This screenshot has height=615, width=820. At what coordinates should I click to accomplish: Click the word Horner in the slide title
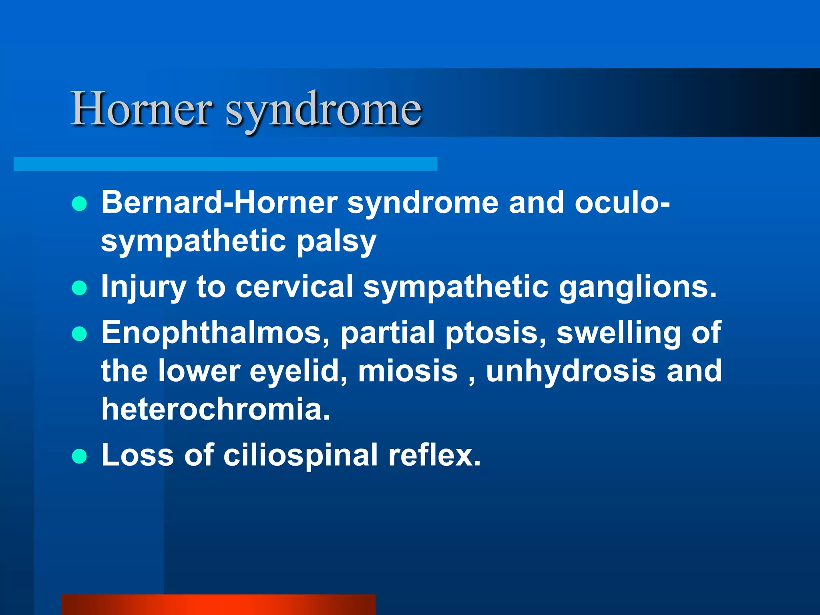coord(141,109)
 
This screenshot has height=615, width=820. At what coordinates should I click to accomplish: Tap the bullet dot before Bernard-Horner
coord(80,204)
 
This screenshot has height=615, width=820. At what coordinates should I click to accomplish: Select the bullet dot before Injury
coord(80,288)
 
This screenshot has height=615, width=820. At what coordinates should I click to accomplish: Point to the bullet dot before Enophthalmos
coord(80,334)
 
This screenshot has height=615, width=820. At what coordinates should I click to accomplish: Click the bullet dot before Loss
coord(80,456)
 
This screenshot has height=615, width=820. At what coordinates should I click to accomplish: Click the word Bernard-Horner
coord(219,202)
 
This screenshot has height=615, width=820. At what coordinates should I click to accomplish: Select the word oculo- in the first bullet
coord(622,202)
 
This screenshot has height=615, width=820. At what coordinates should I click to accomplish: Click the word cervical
coord(294,287)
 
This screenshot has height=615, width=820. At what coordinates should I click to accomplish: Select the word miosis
coord(408,371)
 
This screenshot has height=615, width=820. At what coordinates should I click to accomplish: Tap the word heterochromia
coord(215,409)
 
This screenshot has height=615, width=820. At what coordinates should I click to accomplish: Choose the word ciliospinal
coord(300,456)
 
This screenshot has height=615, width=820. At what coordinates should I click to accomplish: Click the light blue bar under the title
coord(225,164)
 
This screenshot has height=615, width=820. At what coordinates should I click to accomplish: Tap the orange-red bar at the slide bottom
coord(219,605)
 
